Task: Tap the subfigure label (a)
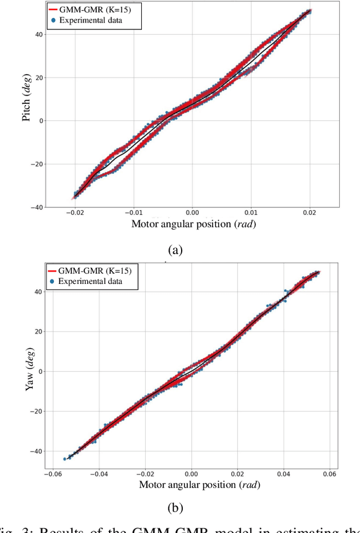[x=175, y=250]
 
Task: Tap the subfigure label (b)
[x=175, y=508]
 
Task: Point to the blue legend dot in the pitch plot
[x=53, y=20]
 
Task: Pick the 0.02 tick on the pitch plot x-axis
[x=310, y=213]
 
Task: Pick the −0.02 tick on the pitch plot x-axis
[x=74, y=213]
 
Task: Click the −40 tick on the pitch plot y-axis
[x=34, y=207]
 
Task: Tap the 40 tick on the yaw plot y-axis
[x=37, y=291]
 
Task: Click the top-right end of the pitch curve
[x=310, y=10]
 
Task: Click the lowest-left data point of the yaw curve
[x=65, y=459]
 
